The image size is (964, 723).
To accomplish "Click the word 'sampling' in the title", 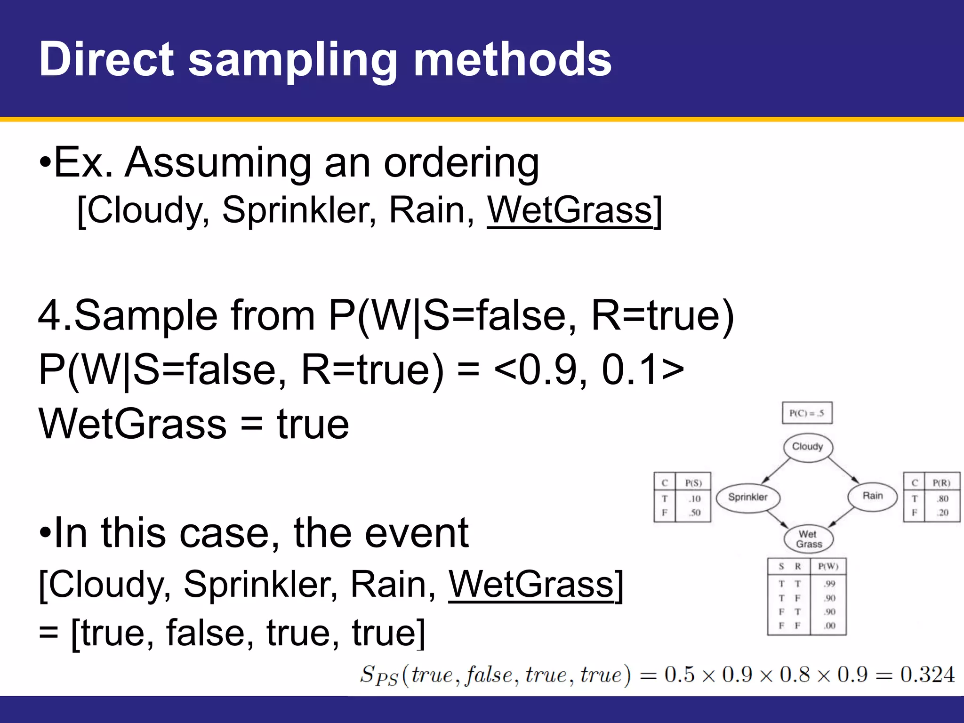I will click(293, 60).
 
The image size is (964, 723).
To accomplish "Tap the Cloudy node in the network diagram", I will click(808, 447).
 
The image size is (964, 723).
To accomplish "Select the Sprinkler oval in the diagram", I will click(747, 497).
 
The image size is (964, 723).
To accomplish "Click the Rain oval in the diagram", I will click(872, 496).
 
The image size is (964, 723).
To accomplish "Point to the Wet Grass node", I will click(809, 539).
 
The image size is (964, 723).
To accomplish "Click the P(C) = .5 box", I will click(807, 413).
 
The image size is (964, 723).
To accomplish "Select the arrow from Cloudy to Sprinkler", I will click(775, 471).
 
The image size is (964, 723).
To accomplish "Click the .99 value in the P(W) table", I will click(829, 584).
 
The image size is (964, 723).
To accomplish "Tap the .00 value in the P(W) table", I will click(829, 626).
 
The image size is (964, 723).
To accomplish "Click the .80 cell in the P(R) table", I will click(942, 499).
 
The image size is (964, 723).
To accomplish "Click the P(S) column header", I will click(693, 483).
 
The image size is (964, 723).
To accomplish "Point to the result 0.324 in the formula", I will click(927, 675).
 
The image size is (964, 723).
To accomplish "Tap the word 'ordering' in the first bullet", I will click(461, 163).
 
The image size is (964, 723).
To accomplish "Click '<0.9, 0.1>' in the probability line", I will click(589, 370).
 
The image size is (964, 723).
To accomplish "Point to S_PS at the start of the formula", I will click(379, 675).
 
